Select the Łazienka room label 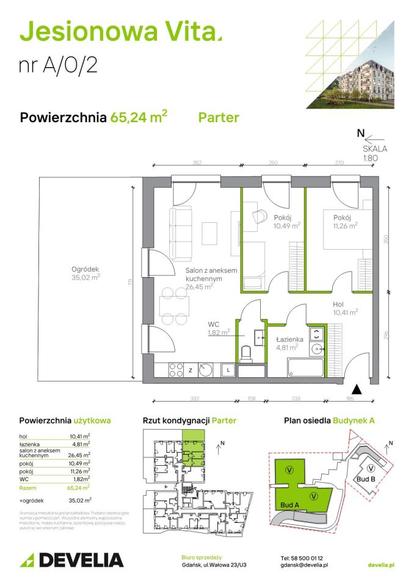(286, 339)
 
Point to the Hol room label (341, 303)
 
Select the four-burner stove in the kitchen (175, 369)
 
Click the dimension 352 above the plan (197, 163)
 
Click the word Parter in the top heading (219, 117)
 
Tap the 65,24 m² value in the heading (139, 117)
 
